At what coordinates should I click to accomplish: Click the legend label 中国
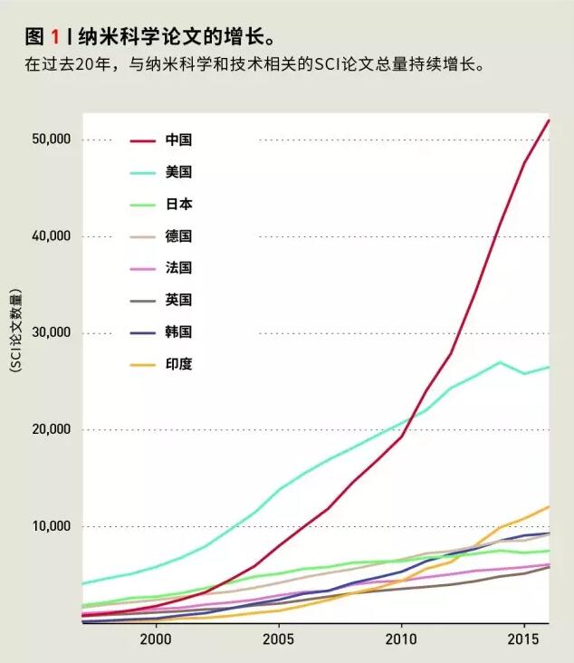click(x=179, y=140)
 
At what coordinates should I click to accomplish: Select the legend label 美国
click(x=179, y=172)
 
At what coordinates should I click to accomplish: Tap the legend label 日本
click(x=179, y=205)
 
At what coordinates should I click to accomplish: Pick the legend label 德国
click(x=179, y=236)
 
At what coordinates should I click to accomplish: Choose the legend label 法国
click(x=179, y=268)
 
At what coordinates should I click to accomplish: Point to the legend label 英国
click(x=179, y=300)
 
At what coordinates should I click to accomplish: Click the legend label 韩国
click(x=179, y=332)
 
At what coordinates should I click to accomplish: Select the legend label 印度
click(x=179, y=364)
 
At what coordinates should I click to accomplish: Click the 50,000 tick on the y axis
click(x=51, y=139)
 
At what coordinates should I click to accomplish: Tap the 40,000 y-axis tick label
click(x=51, y=236)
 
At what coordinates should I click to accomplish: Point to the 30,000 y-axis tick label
click(x=51, y=333)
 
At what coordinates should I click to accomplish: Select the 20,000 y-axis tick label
click(x=51, y=430)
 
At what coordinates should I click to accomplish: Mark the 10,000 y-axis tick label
click(x=51, y=526)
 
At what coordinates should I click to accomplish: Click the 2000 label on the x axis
click(x=157, y=639)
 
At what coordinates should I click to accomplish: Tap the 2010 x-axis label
click(x=401, y=639)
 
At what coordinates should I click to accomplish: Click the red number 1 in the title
click(x=55, y=37)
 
